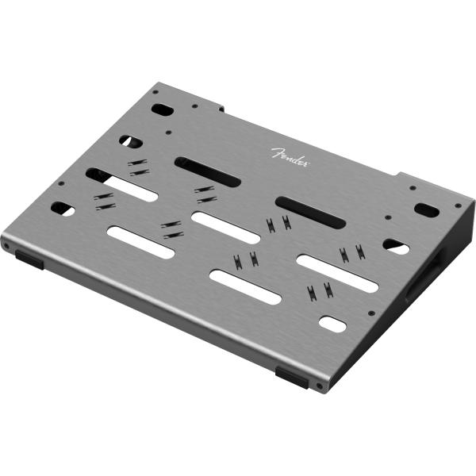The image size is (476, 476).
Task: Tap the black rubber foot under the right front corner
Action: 293,376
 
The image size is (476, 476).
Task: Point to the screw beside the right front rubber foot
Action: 319,386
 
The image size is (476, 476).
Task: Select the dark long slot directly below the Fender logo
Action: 310,212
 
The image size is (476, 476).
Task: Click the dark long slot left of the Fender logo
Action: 207,171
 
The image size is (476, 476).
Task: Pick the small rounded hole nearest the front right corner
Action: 332,324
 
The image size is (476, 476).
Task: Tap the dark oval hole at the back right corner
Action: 426,210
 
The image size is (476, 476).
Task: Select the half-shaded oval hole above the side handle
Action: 397,247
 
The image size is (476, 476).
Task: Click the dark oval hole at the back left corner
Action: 161,109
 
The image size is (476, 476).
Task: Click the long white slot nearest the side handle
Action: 337,272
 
